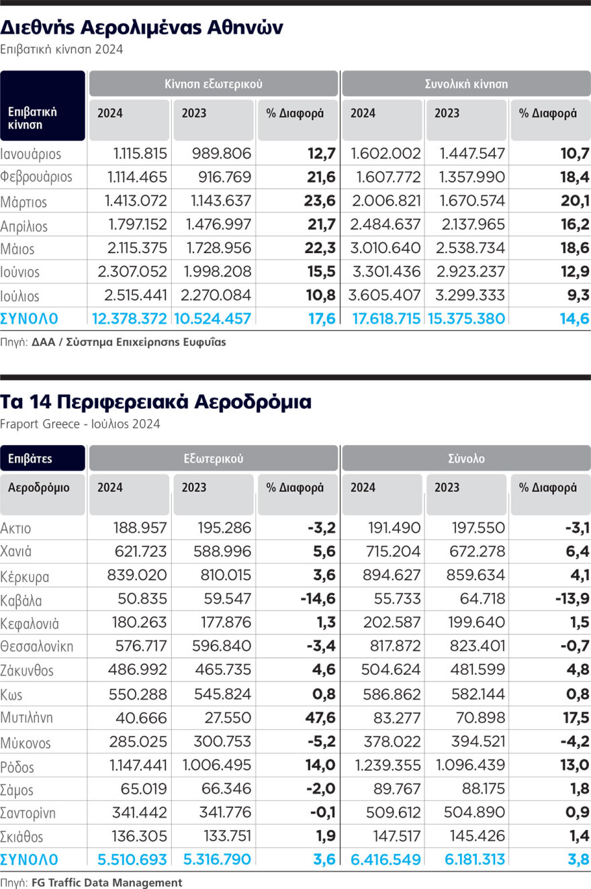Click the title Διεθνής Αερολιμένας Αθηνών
click(142, 28)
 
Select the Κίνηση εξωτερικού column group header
click(214, 84)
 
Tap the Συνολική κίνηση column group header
click(466, 84)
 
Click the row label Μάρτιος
click(24, 201)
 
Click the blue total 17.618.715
click(387, 319)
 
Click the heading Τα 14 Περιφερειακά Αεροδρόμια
click(156, 402)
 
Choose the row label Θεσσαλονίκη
click(37, 647)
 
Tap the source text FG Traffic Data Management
click(107, 882)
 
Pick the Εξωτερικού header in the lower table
click(214, 459)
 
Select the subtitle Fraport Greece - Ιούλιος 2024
click(81, 424)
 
